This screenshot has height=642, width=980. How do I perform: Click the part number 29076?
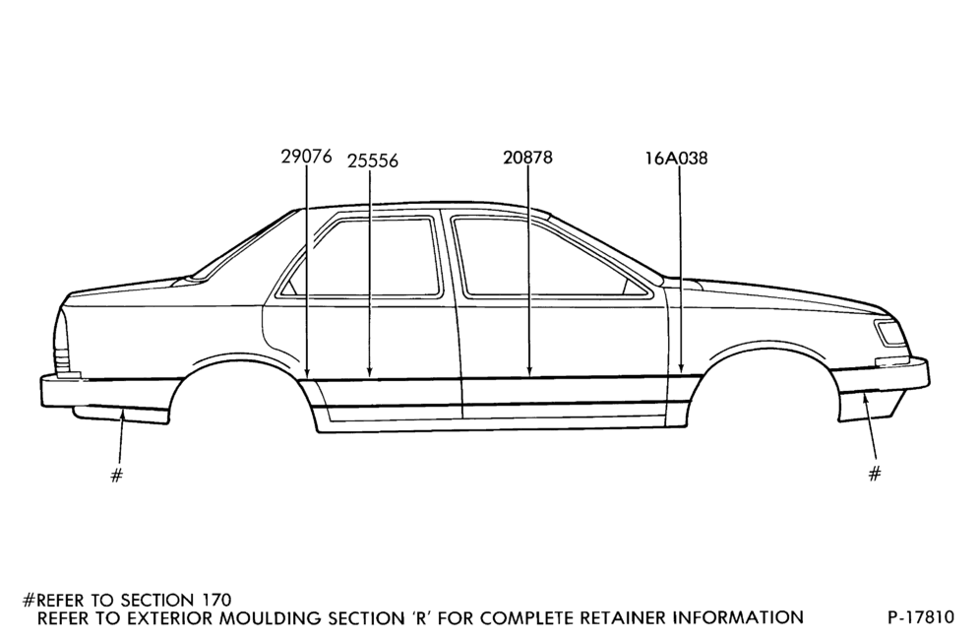coord(306,156)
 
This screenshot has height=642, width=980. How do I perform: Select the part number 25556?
coord(373,160)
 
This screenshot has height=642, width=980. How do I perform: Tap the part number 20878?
coord(528,158)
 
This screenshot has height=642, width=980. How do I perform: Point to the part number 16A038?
coord(677,159)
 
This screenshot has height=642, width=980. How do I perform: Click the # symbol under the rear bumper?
coord(116,476)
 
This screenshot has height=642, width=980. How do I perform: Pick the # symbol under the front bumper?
coord(875,473)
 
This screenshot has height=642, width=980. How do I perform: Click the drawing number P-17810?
coord(921,617)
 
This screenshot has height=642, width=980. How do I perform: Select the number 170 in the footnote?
coord(216,600)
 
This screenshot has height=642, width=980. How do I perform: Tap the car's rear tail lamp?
coord(62,341)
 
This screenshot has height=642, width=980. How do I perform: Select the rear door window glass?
coord(364,257)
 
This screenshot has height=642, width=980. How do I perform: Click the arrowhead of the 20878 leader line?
coord(529,370)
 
